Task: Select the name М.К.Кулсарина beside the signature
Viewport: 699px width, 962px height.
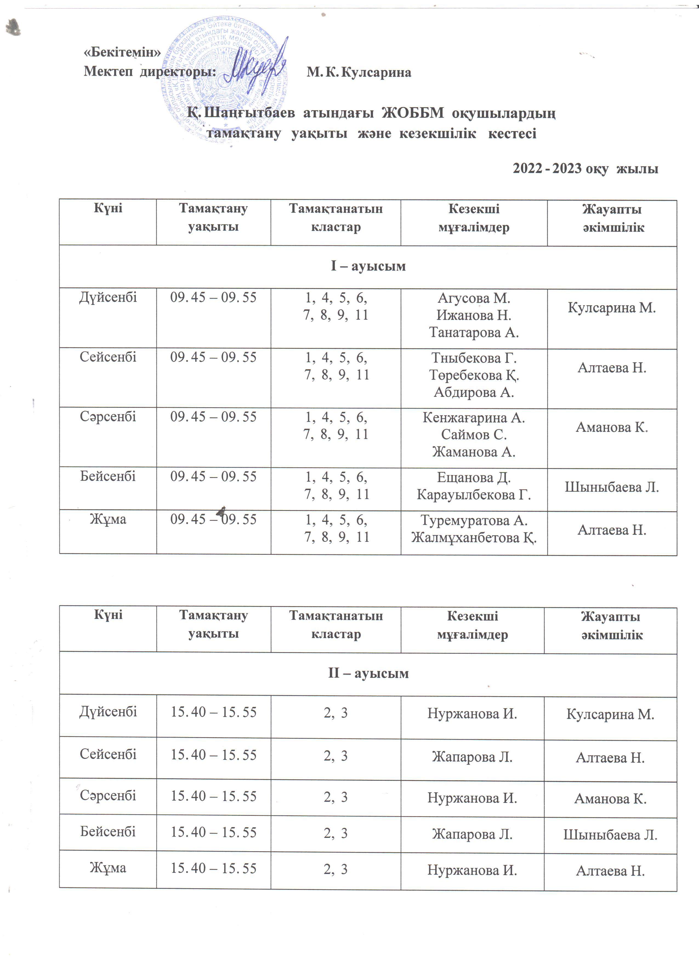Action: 359,72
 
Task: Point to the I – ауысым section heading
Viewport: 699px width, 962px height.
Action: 368,266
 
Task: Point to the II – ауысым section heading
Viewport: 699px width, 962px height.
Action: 368,674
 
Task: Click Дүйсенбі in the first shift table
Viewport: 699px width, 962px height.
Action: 108,297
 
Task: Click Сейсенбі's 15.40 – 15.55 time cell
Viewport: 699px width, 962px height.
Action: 214,755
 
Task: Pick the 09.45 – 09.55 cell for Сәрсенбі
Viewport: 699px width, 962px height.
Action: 214,417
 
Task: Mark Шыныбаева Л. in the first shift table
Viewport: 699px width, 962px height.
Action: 611,487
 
